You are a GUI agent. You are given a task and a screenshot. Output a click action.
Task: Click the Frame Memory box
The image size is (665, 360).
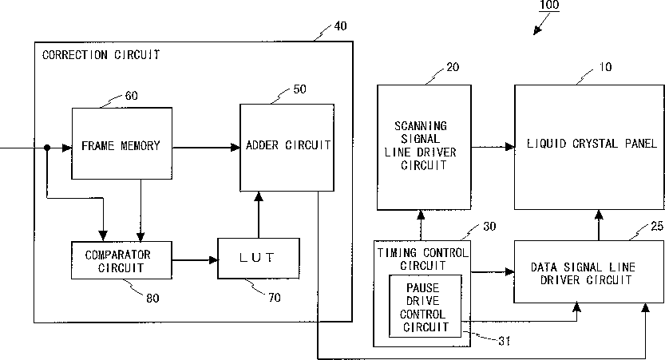pyautogui.click(x=121, y=144)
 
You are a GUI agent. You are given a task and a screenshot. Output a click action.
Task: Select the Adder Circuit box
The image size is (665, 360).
pyautogui.click(x=287, y=148)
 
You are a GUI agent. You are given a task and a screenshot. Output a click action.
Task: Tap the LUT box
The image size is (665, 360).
pyautogui.click(x=259, y=259)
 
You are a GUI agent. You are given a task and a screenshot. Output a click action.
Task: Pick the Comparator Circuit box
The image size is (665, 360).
pyautogui.click(x=121, y=260)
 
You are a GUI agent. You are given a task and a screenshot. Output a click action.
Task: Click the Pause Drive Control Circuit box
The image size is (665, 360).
pyautogui.click(x=425, y=307)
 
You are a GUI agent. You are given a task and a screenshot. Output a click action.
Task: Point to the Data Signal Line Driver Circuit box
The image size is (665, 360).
pyautogui.click(x=588, y=272)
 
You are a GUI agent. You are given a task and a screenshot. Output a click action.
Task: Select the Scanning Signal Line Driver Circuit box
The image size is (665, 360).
pyautogui.click(x=424, y=147)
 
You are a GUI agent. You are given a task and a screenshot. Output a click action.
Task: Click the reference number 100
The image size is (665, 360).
pyautogui.click(x=549, y=5)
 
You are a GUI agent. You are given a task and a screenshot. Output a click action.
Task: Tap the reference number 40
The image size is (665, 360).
pyautogui.click(x=340, y=26)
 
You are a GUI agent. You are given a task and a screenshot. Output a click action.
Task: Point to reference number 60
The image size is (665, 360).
pyautogui.click(x=132, y=96)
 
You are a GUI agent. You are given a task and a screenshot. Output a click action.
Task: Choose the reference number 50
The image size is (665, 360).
pyautogui.click(x=300, y=89)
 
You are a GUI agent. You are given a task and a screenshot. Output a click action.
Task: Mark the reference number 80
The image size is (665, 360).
pyautogui.click(x=152, y=299)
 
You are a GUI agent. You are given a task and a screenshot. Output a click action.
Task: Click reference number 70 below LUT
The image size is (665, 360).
pyautogui.click(x=275, y=298)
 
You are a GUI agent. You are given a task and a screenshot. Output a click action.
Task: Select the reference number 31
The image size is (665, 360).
pyautogui.click(x=504, y=341)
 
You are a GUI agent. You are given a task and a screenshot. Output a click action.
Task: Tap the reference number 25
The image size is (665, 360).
pyautogui.click(x=657, y=227)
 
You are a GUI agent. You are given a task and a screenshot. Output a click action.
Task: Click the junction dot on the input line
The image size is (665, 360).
pyautogui.click(x=47, y=148)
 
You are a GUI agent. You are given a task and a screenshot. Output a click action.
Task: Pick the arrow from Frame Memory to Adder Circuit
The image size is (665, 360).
pyautogui.click(x=206, y=148)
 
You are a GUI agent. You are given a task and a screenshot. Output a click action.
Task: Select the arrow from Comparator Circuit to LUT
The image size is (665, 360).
pyautogui.click(x=195, y=260)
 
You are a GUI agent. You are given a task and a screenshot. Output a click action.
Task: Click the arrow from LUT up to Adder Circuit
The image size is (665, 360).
pyautogui.click(x=259, y=215)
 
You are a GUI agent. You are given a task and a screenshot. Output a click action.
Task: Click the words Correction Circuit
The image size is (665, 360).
pyautogui.click(x=101, y=55)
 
